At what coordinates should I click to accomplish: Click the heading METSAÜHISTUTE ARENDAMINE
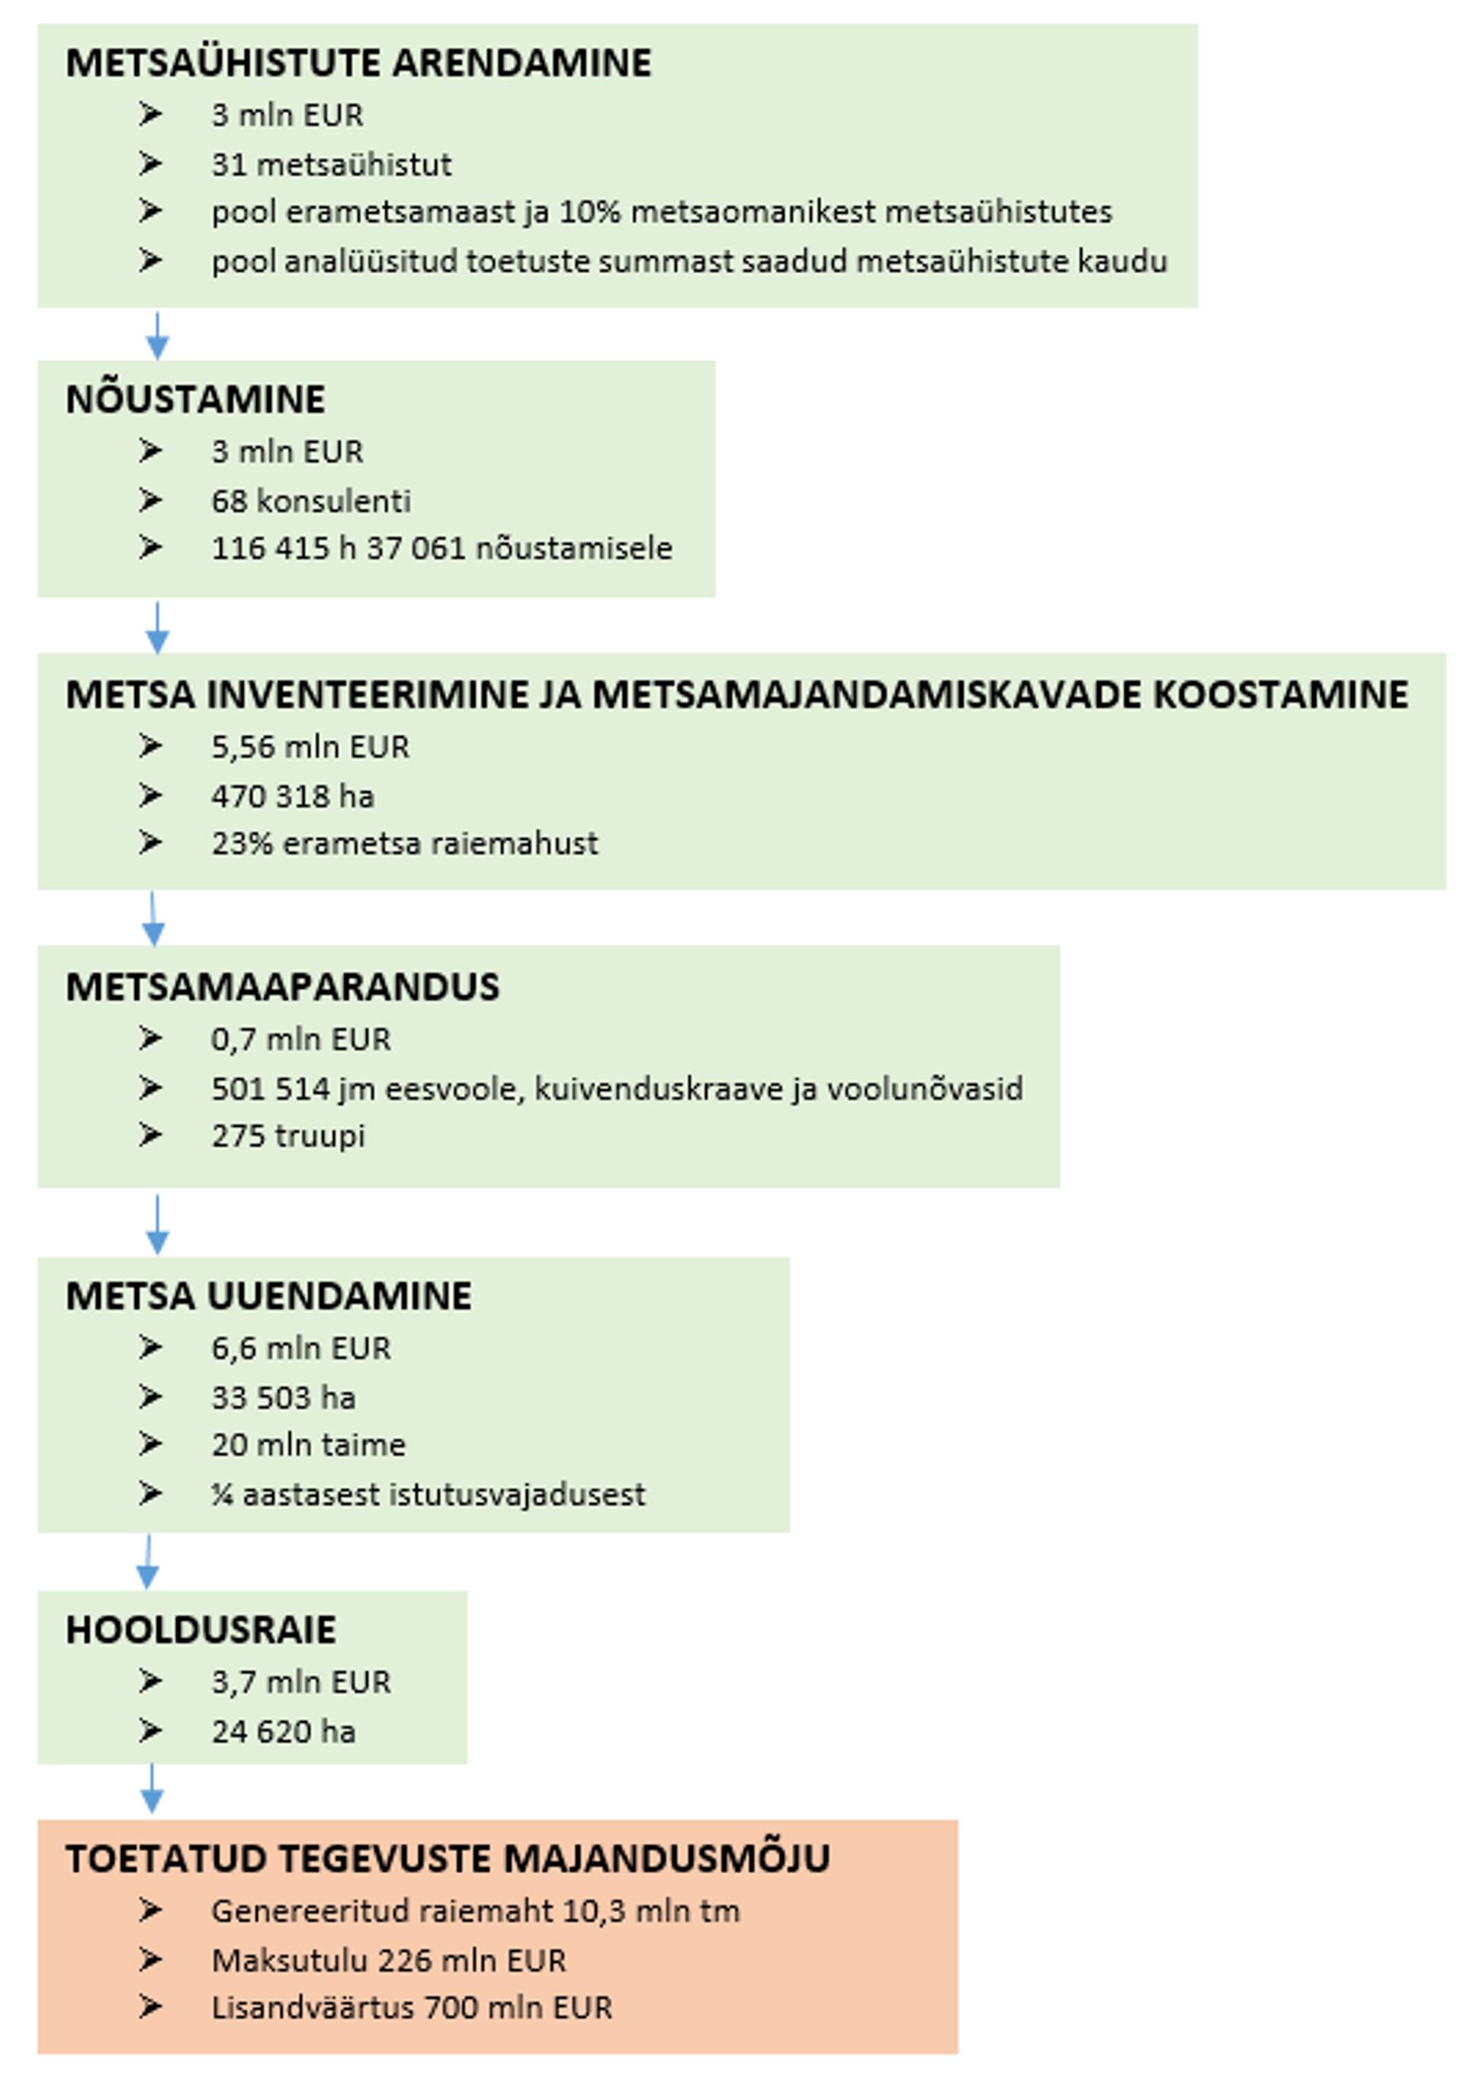tap(358, 63)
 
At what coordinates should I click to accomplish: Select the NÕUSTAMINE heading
tap(195, 400)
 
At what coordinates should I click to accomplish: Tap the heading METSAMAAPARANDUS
tap(282, 987)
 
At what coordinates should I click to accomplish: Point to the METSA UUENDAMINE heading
tap(269, 1296)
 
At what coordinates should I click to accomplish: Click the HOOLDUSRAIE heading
tap(201, 1630)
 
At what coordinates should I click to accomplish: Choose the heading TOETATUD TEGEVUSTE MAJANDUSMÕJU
tap(448, 1859)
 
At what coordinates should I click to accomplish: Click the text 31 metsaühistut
tap(332, 165)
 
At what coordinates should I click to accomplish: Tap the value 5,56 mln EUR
tap(310, 747)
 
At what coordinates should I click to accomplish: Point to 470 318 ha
tap(293, 797)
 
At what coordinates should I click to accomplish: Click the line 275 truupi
tap(288, 1135)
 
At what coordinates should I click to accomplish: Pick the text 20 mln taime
tap(309, 1444)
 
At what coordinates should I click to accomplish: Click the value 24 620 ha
tap(284, 1732)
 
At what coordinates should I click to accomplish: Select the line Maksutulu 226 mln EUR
tap(389, 1961)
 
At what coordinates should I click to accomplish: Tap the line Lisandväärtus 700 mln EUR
tap(412, 2008)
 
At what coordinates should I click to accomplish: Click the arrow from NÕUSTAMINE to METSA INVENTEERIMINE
tap(157, 627)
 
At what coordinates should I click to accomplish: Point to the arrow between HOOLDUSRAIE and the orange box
tap(152, 1788)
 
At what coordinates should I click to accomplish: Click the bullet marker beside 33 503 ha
tap(150, 1396)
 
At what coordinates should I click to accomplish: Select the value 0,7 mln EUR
tap(300, 1038)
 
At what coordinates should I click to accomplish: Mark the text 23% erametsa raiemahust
tap(404, 843)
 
